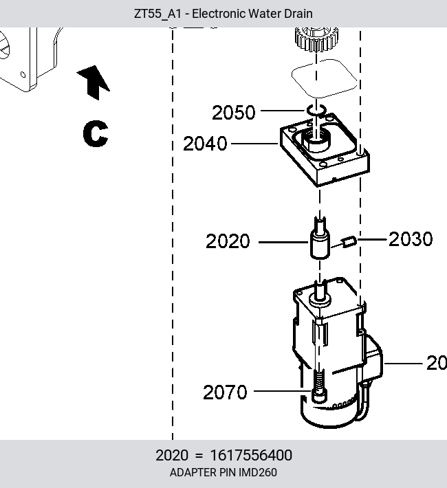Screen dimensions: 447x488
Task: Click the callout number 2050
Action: point(234,112)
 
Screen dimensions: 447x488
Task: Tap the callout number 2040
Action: point(205,144)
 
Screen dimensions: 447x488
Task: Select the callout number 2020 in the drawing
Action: point(228,241)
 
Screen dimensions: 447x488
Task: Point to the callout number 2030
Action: point(411,239)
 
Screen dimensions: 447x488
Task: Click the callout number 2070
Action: point(225,392)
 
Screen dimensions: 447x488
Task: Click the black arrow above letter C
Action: point(94,82)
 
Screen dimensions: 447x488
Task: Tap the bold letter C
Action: point(96,133)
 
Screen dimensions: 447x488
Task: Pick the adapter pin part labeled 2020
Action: point(320,240)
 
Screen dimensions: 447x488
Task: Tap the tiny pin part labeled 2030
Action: point(349,242)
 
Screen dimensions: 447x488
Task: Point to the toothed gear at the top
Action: point(316,40)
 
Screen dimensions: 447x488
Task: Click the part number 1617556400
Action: point(251,455)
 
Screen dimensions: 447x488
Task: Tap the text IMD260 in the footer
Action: point(258,472)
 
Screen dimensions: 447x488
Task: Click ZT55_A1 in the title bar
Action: point(157,14)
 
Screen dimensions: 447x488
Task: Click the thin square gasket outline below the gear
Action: point(325,78)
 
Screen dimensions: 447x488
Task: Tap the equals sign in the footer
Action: point(199,456)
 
